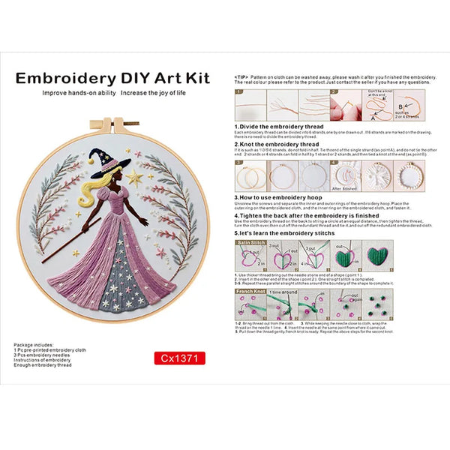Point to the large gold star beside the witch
[x=135, y=178]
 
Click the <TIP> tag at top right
[x=241, y=77]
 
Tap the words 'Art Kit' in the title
[x=175, y=78]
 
